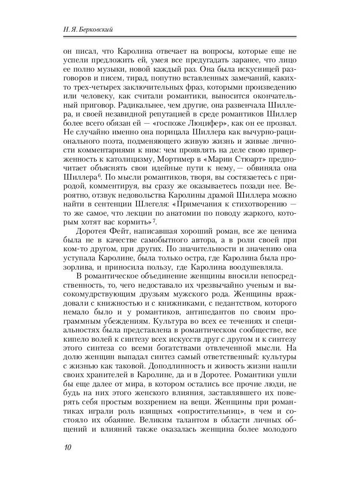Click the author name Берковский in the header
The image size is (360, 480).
click(99, 29)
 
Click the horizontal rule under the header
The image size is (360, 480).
click(180, 36)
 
